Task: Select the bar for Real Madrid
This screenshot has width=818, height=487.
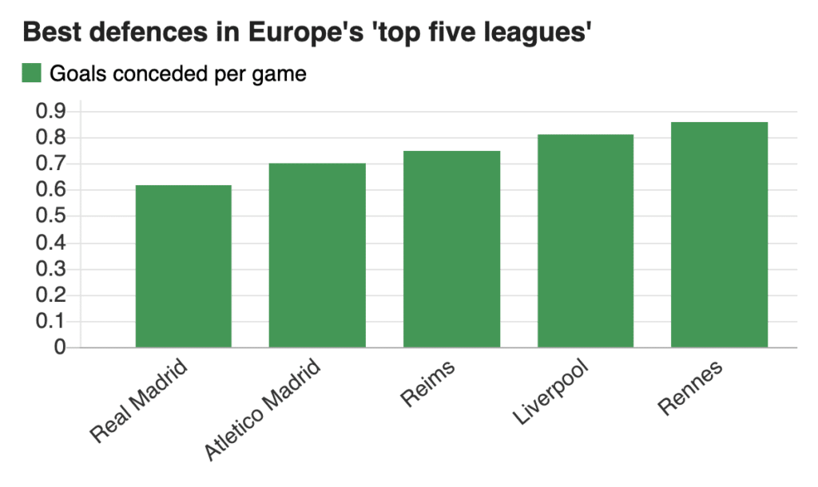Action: [184, 266]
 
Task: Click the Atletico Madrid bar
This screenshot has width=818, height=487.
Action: [317, 255]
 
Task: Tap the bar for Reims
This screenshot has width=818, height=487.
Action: [452, 249]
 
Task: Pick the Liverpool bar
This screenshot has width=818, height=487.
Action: [586, 241]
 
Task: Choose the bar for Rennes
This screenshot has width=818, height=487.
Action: [720, 235]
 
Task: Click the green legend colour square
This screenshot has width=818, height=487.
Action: [31, 73]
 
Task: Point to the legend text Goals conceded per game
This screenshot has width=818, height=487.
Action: [178, 74]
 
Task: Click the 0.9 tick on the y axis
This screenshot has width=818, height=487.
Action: [50, 111]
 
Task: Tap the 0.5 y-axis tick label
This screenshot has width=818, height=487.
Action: [50, 216]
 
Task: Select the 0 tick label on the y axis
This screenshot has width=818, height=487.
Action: [60, 346]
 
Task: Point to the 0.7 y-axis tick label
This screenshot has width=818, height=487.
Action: [50, 164]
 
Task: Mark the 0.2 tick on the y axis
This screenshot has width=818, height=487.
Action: [50, 295]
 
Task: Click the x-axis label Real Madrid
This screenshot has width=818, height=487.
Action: [139, 401]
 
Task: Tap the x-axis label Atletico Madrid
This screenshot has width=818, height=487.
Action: [262, 410]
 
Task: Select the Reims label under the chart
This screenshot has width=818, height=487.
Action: [428, 384]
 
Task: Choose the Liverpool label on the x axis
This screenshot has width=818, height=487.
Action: [551, 392]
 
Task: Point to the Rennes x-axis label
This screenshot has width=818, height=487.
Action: [690, 387]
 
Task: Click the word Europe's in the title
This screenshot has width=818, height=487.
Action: [306, 32]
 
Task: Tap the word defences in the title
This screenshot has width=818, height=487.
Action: [149, 32]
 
